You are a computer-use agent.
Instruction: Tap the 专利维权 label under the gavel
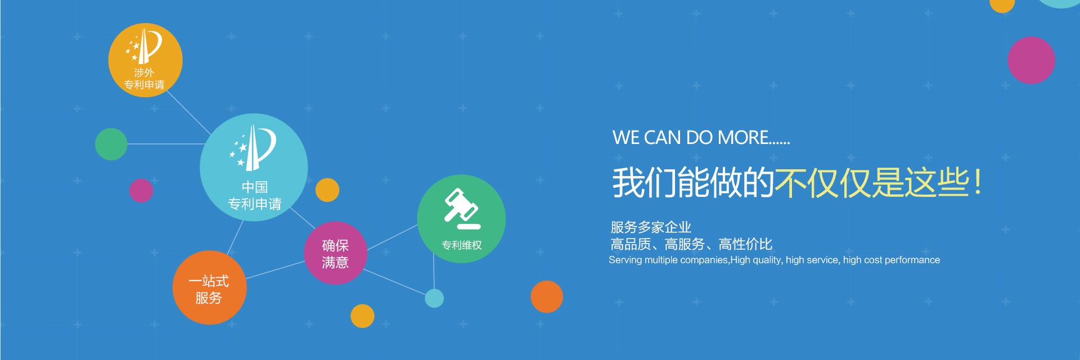tap(462, 245)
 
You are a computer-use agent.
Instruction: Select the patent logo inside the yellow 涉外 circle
tap(143, 46)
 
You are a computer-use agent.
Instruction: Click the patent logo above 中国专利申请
tap(253, 147)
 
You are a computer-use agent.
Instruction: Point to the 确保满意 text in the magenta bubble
tap(335, 254)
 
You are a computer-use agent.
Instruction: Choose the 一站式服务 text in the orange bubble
tap(209, 289)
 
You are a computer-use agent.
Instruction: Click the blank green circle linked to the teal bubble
tap(111, 144)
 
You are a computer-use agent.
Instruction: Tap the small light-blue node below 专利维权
tap(434, 298)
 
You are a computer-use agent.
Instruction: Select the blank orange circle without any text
tap(547, 296)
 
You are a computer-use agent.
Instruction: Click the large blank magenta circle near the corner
tap(1031, 60)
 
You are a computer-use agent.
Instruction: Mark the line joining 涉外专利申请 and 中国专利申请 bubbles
tap(188, 112)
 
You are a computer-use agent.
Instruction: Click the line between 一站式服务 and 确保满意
tap(276, 269)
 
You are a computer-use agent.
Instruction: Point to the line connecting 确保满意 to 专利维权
tap(392, 237)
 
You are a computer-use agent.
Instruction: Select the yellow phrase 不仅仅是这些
tap(871, 183)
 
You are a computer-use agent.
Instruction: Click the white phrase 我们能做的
tap(694, 183)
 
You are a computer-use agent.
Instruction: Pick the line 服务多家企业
tap(651, 227)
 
